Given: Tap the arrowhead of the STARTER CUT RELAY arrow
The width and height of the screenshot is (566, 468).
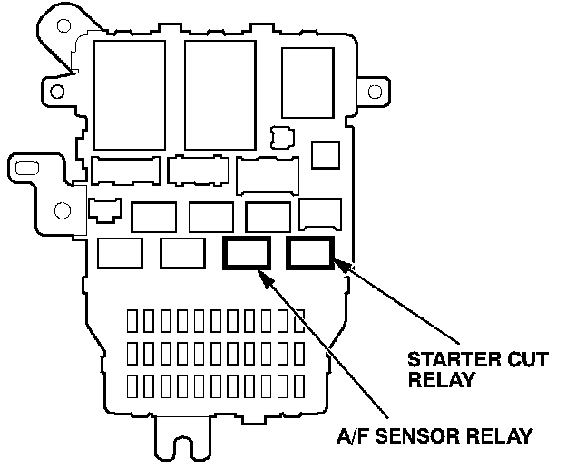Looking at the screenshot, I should point(338,263).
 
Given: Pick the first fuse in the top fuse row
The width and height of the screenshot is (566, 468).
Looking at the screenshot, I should point(133,320).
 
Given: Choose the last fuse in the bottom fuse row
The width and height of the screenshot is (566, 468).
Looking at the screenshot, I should point(296,385).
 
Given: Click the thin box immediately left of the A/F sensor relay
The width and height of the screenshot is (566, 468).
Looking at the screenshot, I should point(181,252).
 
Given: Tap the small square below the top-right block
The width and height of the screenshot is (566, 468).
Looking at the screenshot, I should point(325,155).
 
